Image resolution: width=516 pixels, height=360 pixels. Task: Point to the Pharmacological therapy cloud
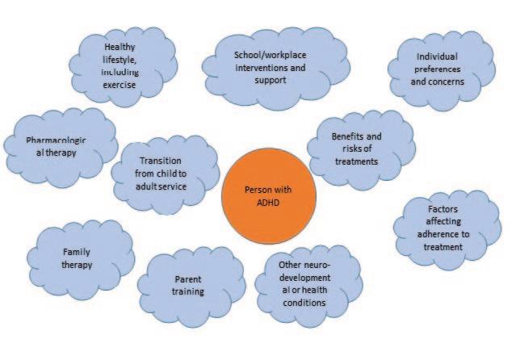[x=57, y=148]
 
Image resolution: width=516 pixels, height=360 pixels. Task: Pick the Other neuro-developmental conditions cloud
[x=301, y=283]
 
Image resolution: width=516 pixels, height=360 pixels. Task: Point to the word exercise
[x=120, y=83]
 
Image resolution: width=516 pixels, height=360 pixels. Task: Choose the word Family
[x=77, y=252]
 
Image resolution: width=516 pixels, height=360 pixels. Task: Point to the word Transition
[x=165, y=160]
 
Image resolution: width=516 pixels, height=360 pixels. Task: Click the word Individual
[x=441, y=57]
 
